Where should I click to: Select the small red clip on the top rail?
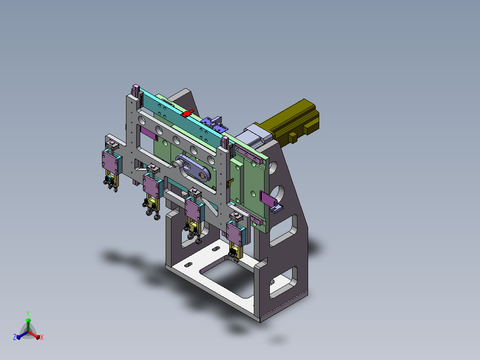coord(187,113)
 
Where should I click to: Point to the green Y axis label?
coord(28,313)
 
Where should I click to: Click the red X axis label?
coord(42,337)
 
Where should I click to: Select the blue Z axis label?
coord(15,337)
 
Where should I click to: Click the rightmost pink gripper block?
coord(235,234)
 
